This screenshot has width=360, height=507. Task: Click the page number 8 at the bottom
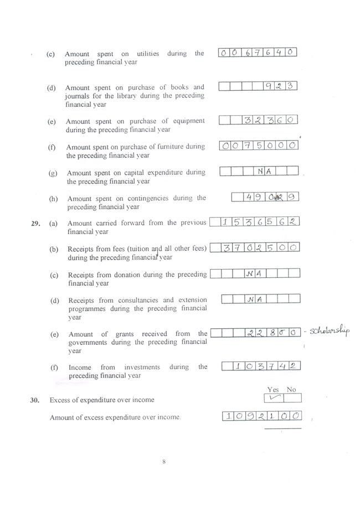pyautogui.click(x=164, y=462)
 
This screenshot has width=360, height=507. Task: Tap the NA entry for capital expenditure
pyautogui.click(x=264, y=172)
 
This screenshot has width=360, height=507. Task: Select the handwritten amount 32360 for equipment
pyautogui.click(x=269, y=120)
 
